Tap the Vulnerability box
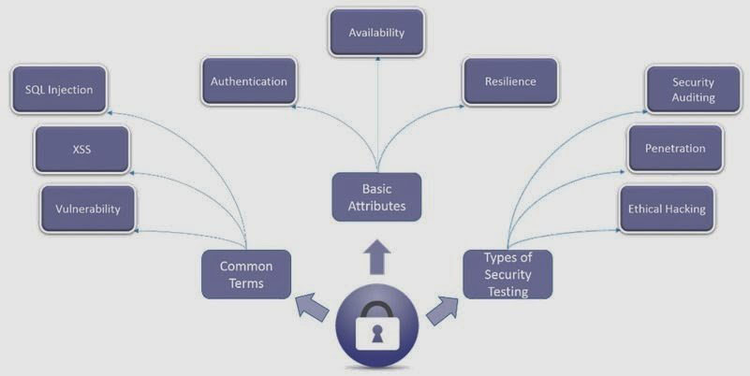coord(86,209)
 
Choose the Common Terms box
coord(245,273)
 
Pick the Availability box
coord(376,33)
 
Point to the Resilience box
coord(510,81)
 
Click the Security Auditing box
coord(693,90)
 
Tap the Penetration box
coord(675,149)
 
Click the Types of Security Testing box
coord(507,274)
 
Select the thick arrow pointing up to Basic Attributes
coord(376,255)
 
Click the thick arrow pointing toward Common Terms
coord(312,305)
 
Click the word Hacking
coord(685,209)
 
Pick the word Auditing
coord(693,97)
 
